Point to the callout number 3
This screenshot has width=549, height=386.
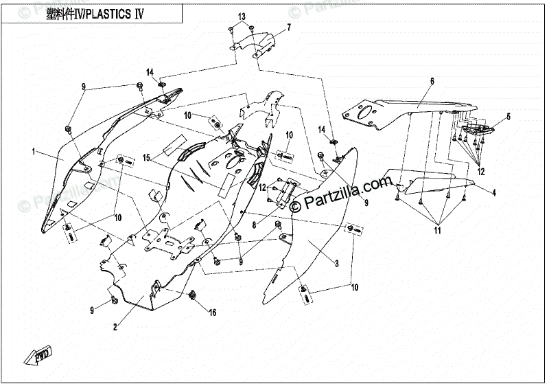337,263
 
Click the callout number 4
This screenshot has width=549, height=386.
509,116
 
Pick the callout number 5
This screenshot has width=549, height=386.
432,82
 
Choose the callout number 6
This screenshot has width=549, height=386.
289,28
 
